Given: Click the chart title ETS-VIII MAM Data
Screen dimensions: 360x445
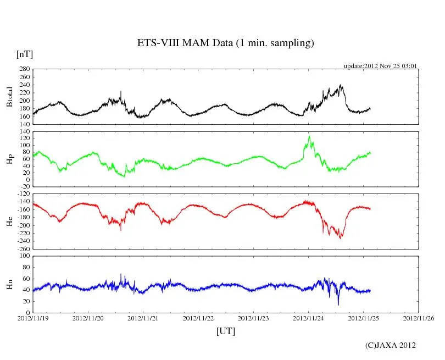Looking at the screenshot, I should tap(225, 43).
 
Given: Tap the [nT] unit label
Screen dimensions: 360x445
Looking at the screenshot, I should tap(24, 54).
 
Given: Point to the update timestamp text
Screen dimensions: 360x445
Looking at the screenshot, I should tap(381, 66).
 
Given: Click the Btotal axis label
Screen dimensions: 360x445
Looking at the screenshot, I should tap(9, 97).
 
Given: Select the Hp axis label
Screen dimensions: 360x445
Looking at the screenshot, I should tap(9, 159).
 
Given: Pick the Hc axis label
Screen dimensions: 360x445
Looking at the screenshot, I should tap(9, 221).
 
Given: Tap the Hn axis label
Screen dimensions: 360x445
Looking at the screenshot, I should tap(9, 284).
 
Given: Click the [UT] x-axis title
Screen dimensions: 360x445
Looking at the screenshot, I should tap(225, 331).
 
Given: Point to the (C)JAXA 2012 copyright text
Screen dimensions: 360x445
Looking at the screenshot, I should tap(391, 345).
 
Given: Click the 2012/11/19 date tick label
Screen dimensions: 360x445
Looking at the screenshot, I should tap(33, 318).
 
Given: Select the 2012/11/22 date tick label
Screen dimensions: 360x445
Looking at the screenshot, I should tap(198, 318).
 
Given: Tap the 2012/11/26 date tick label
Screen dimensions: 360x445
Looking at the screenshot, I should tap(419, 318).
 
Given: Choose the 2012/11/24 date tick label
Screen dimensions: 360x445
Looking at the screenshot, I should tap(308, 318).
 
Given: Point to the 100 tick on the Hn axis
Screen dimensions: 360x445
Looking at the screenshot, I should tap(24, 256).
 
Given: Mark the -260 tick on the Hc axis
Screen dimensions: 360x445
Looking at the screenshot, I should tap(22, 248).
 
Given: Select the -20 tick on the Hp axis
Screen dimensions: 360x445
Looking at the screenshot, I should tap(24, 187).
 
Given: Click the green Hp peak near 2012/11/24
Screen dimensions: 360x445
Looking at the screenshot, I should tap(309, 136).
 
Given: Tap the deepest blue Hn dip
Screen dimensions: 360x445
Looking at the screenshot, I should tap(338, 304).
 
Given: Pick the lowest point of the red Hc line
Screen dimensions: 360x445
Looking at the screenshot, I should tap(341, 238).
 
